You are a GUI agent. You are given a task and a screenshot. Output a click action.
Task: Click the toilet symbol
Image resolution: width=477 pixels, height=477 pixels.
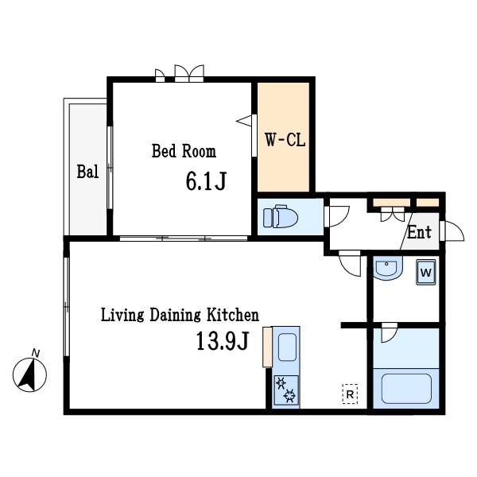coord(280,216)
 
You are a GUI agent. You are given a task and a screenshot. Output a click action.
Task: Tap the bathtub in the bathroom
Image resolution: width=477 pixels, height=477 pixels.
coord(406,389)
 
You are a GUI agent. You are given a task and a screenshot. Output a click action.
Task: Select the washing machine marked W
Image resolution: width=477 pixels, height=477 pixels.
coord(426,272)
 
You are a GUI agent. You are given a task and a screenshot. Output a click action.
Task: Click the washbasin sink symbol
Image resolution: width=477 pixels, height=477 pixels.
coord(387,268)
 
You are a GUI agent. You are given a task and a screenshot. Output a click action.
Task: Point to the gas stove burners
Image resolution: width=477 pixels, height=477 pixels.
coord(286,390)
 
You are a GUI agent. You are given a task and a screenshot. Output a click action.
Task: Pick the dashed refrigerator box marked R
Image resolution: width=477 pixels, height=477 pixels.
coord(350,394)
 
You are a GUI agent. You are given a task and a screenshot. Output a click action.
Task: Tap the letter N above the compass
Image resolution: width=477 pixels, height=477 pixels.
coord(36,353)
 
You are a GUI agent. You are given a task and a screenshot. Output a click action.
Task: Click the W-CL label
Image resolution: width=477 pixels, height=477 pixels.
coord(285,140)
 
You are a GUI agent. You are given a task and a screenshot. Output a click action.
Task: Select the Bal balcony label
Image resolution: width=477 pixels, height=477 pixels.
coord(87,172)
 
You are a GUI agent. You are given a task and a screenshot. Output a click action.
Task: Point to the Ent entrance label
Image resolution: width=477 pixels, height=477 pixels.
coord(420,232)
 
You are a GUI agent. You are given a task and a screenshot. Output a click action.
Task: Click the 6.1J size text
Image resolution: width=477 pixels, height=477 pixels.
coord(206,181)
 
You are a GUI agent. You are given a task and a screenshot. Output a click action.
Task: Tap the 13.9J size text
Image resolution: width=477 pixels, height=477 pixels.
coord(223,341)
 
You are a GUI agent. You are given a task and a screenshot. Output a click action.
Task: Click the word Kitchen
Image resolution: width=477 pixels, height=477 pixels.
coord(233,315)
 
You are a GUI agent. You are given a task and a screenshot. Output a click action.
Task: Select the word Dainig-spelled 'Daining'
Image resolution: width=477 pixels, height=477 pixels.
coord(175,316)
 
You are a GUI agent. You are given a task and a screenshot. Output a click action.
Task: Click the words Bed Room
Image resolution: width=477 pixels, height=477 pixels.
coord(184,151)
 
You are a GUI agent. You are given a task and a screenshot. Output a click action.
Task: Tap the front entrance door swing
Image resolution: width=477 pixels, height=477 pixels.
coord(452,231)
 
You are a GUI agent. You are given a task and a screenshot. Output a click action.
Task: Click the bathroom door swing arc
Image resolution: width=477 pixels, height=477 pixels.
coord(390,333)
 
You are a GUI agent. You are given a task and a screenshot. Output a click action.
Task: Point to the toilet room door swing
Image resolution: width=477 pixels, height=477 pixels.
coord(337,216)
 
